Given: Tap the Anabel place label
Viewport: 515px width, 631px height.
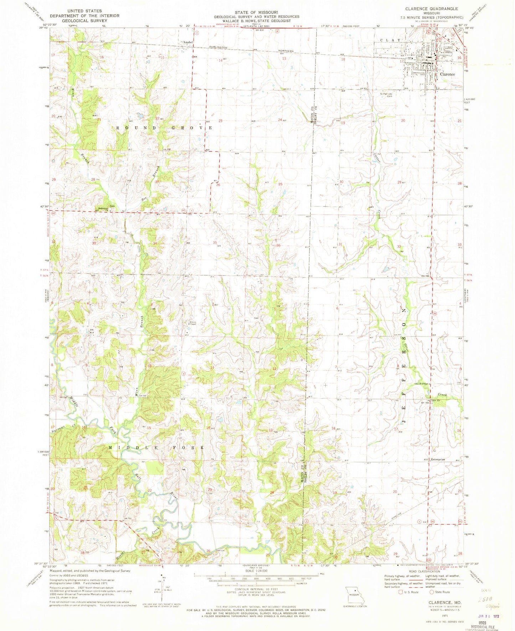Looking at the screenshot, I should coord(188,42).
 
